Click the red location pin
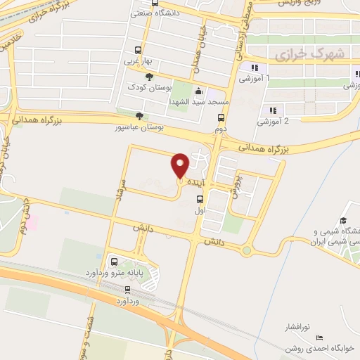[180, 165]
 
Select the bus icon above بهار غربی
[138, 50]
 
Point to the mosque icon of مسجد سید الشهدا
[199, 91]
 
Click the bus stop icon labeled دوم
[221, 117]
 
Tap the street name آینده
[195, 181]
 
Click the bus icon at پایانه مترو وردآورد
[113, 259]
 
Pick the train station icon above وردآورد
[127, 289]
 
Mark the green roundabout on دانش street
[247, 250]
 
